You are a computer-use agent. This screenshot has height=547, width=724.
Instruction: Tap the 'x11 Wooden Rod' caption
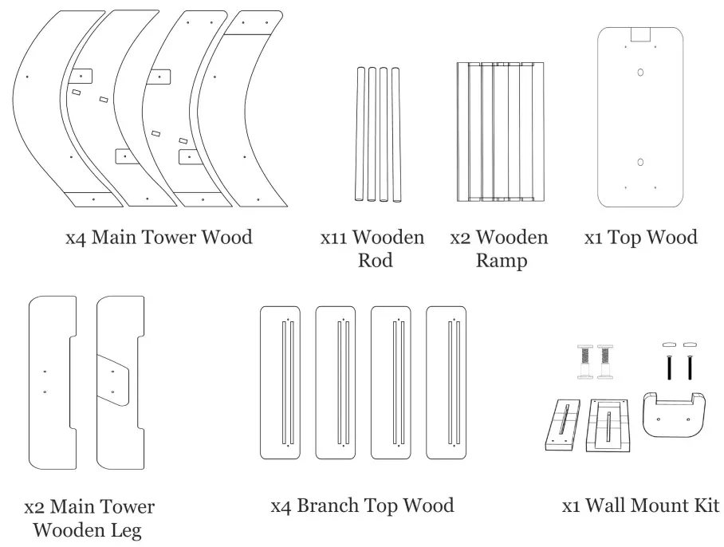point(372,249)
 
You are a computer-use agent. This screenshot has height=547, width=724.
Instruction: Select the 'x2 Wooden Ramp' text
point(499,249)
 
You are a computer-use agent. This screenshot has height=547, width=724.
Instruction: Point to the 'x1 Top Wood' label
point(641,237)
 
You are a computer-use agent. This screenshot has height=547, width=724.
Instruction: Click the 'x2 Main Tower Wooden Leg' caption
point(89,517)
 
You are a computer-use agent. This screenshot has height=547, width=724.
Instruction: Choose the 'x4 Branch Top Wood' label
point(362,506)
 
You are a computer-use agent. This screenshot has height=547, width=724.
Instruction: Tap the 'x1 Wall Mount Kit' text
point(641,506)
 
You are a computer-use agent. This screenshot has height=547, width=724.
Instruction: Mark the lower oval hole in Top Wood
point(640,162)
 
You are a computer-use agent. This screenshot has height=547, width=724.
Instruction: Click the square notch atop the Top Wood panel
point(640,33)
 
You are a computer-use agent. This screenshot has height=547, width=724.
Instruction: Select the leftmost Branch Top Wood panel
point(280,383)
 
